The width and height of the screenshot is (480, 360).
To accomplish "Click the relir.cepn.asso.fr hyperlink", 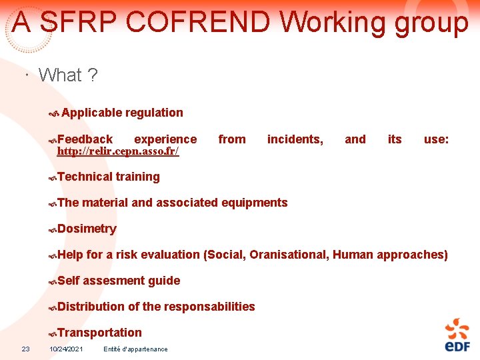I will point(118,151).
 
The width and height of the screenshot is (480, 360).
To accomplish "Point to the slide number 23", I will point(25,349).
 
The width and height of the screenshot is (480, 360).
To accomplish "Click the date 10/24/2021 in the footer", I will point(66,349).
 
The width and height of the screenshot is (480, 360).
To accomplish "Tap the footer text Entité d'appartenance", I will point(136,349).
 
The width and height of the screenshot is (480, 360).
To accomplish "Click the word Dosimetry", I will point(87,229).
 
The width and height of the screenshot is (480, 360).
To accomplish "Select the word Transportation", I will point(99,333).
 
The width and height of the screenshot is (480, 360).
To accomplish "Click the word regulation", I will point(153,113).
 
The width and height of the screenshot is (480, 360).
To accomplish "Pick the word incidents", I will point(295,139).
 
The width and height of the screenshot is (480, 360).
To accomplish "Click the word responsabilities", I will point(200,307).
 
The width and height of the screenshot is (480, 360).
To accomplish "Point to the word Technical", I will point(85,177).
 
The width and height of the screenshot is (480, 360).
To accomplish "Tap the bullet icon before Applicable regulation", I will point(54,114).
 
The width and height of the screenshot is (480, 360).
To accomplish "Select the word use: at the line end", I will point(436,139).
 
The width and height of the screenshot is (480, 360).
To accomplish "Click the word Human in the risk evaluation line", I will point(353,254).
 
